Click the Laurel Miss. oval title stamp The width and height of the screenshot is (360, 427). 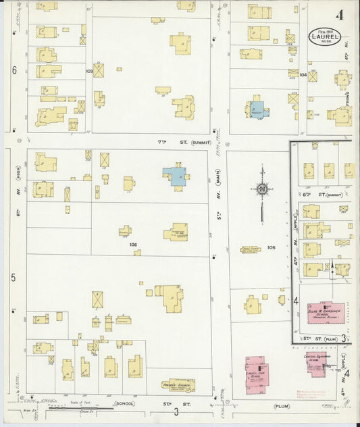coord(324,36)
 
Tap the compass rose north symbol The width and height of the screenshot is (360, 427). coord(262,190)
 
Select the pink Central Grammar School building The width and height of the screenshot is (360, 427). coord(317,363)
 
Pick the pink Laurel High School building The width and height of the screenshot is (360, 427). coord(257,374)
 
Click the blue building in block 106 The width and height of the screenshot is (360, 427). coord(176,176)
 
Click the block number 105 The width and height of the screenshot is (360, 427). coord(271,248)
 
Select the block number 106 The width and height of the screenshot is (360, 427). coord(132,245)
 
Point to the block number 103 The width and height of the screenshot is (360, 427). coord(89,71)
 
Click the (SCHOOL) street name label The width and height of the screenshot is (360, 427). coord(124,403)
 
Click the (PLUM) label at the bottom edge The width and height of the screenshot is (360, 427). coord(281,406)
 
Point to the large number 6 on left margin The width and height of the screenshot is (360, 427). coord(14,70)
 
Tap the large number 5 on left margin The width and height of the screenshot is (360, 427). coord(14,278)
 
